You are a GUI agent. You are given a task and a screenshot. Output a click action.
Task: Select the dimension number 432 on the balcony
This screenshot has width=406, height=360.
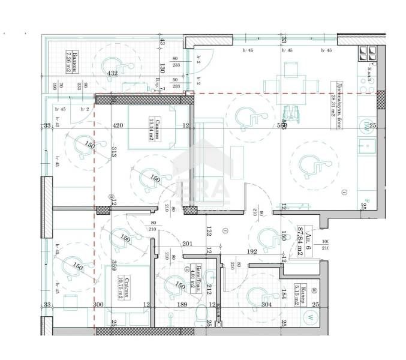tap(112, 73)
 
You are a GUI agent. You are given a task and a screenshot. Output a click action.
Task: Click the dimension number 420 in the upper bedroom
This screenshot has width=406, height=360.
tap(117, 126)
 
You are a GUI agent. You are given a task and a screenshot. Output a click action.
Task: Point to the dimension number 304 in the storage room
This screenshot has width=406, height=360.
tap(266, 305)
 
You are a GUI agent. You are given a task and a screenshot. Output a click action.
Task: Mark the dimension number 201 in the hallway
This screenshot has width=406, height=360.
tap(187, 243)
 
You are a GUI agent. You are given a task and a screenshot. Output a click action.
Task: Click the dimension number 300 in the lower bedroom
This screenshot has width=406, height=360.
tap(99, 305)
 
